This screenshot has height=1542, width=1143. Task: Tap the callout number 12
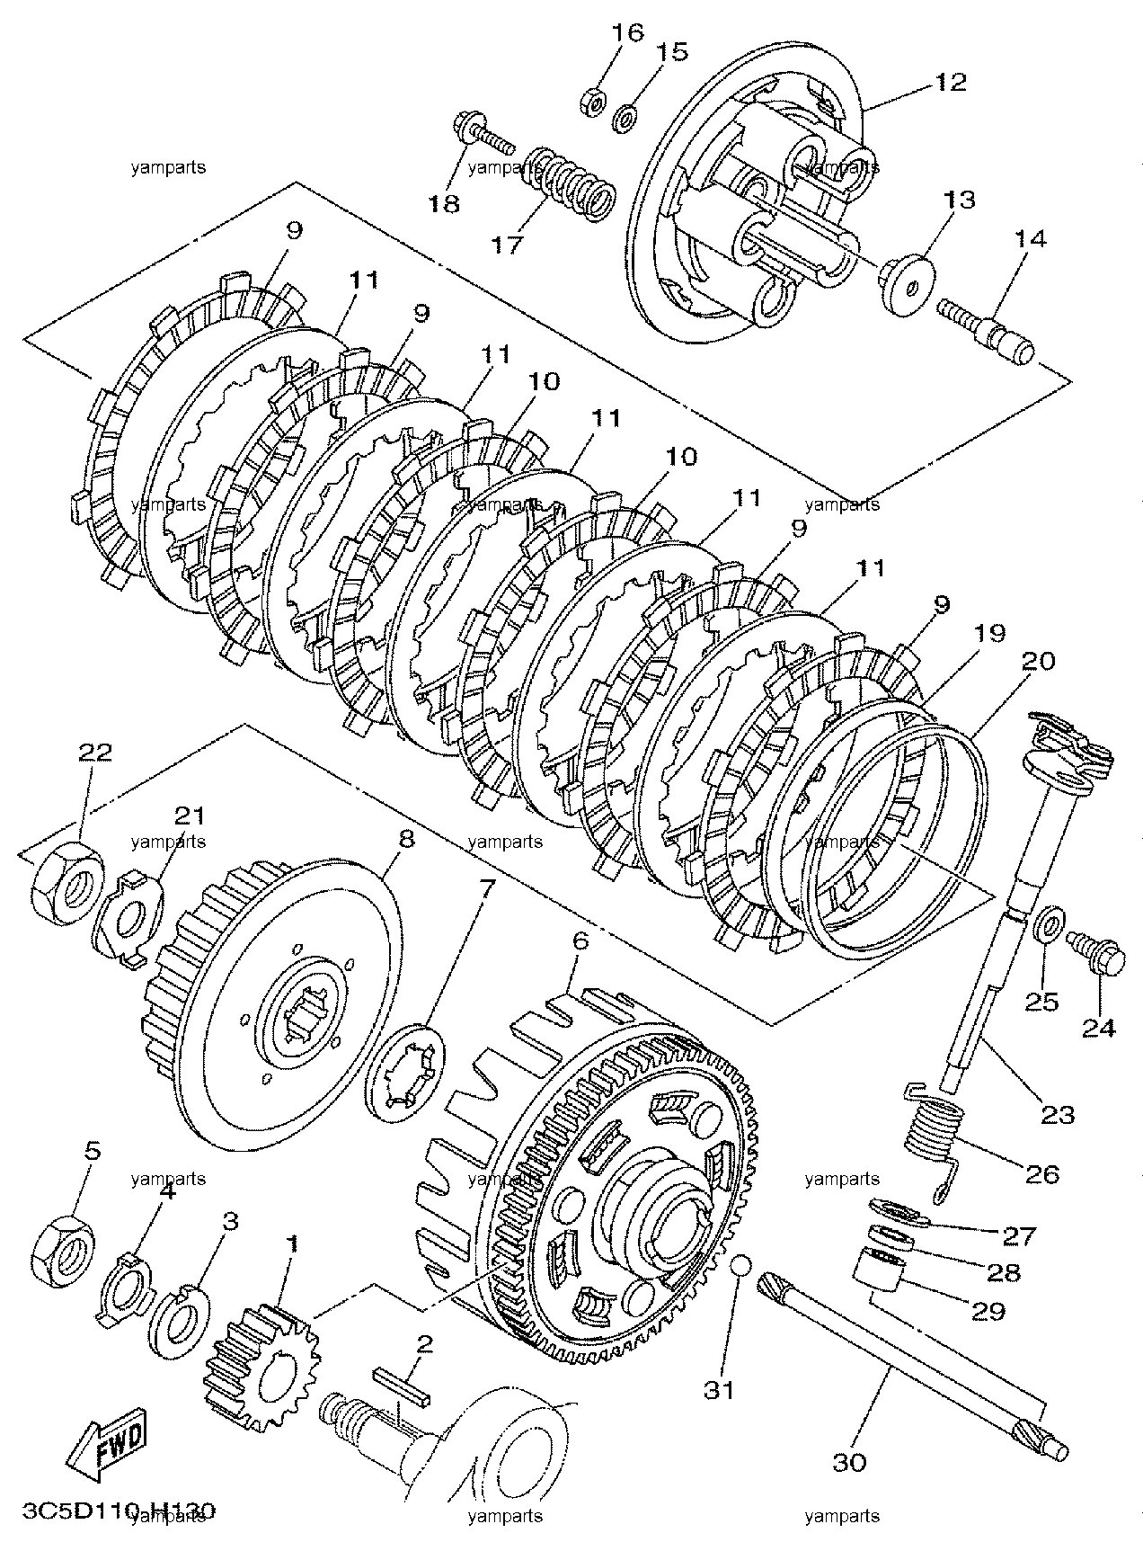(x=950, y=82)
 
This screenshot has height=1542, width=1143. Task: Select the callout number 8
(x=405, y=839)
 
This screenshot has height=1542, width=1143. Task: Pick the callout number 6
(x=580, y=941)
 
